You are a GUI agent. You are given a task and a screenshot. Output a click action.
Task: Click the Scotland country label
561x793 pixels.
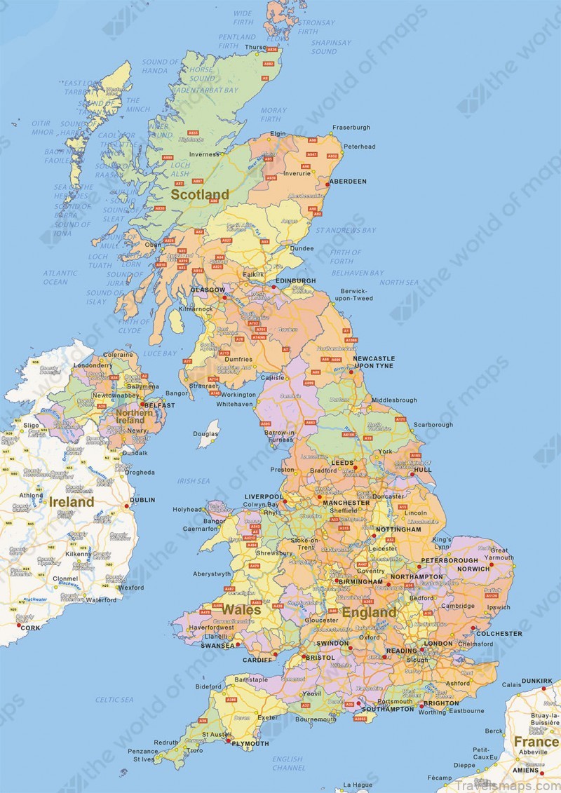[201, 194]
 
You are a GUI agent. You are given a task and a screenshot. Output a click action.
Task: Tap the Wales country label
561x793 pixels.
[242, 609]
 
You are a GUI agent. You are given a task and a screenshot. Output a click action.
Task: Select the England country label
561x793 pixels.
[369, 612]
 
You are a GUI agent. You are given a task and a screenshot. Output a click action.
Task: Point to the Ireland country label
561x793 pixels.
[71, 502]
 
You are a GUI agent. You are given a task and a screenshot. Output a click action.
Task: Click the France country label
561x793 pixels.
[536, 742]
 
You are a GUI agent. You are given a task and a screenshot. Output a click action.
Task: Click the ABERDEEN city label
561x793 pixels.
[348, 181]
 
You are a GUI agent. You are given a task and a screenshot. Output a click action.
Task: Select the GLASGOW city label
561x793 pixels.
[208, 290]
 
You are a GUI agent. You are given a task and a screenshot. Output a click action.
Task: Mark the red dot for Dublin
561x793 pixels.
[127, 506]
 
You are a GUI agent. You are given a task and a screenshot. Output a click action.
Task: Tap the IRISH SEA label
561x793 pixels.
[194, 481]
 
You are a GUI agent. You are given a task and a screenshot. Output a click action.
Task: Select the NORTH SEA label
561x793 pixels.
[399, 282]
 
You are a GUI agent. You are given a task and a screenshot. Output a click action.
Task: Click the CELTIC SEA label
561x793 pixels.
[114, 700]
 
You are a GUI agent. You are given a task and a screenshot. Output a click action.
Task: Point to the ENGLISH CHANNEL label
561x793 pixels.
[288, 763]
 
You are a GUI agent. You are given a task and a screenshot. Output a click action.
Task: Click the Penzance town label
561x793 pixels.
[142, 751]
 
